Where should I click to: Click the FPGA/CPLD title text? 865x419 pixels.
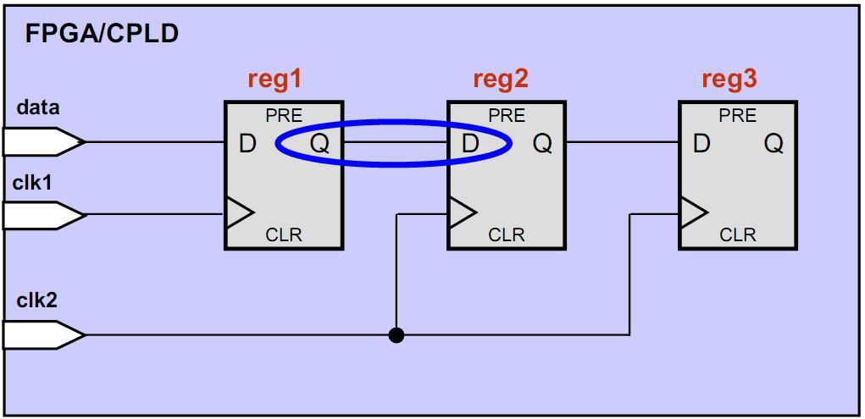click(x=102, y=34)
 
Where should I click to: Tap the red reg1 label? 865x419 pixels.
click(x=274, y=79)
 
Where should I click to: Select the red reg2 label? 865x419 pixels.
click(x=500, y=79)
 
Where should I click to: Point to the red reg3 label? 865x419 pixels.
click(x=729, y=79)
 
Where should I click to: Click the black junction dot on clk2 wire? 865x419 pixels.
click(x=396, y=335)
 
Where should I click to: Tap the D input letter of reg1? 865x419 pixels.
click(x=247, y=144)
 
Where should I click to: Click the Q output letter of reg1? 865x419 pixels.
click(x=319, y=144)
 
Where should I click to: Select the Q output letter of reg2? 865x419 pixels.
click(x=542, y=144)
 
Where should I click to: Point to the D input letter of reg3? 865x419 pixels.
click(x=701, y=144)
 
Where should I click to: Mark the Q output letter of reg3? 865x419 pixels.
click(x=774, y=144)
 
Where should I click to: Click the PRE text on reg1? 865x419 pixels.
click(x=284, y=116)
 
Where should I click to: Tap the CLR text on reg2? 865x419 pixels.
click(x=507, y=234)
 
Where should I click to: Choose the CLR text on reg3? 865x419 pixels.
click(x=738, y=234)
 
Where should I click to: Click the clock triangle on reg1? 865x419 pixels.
click(x=239, y=213)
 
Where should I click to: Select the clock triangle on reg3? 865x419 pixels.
click(x=693, y=213)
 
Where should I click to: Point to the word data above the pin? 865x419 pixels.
click(x=38, y=108)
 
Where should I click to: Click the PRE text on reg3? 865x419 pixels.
click(x=738, y=116)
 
